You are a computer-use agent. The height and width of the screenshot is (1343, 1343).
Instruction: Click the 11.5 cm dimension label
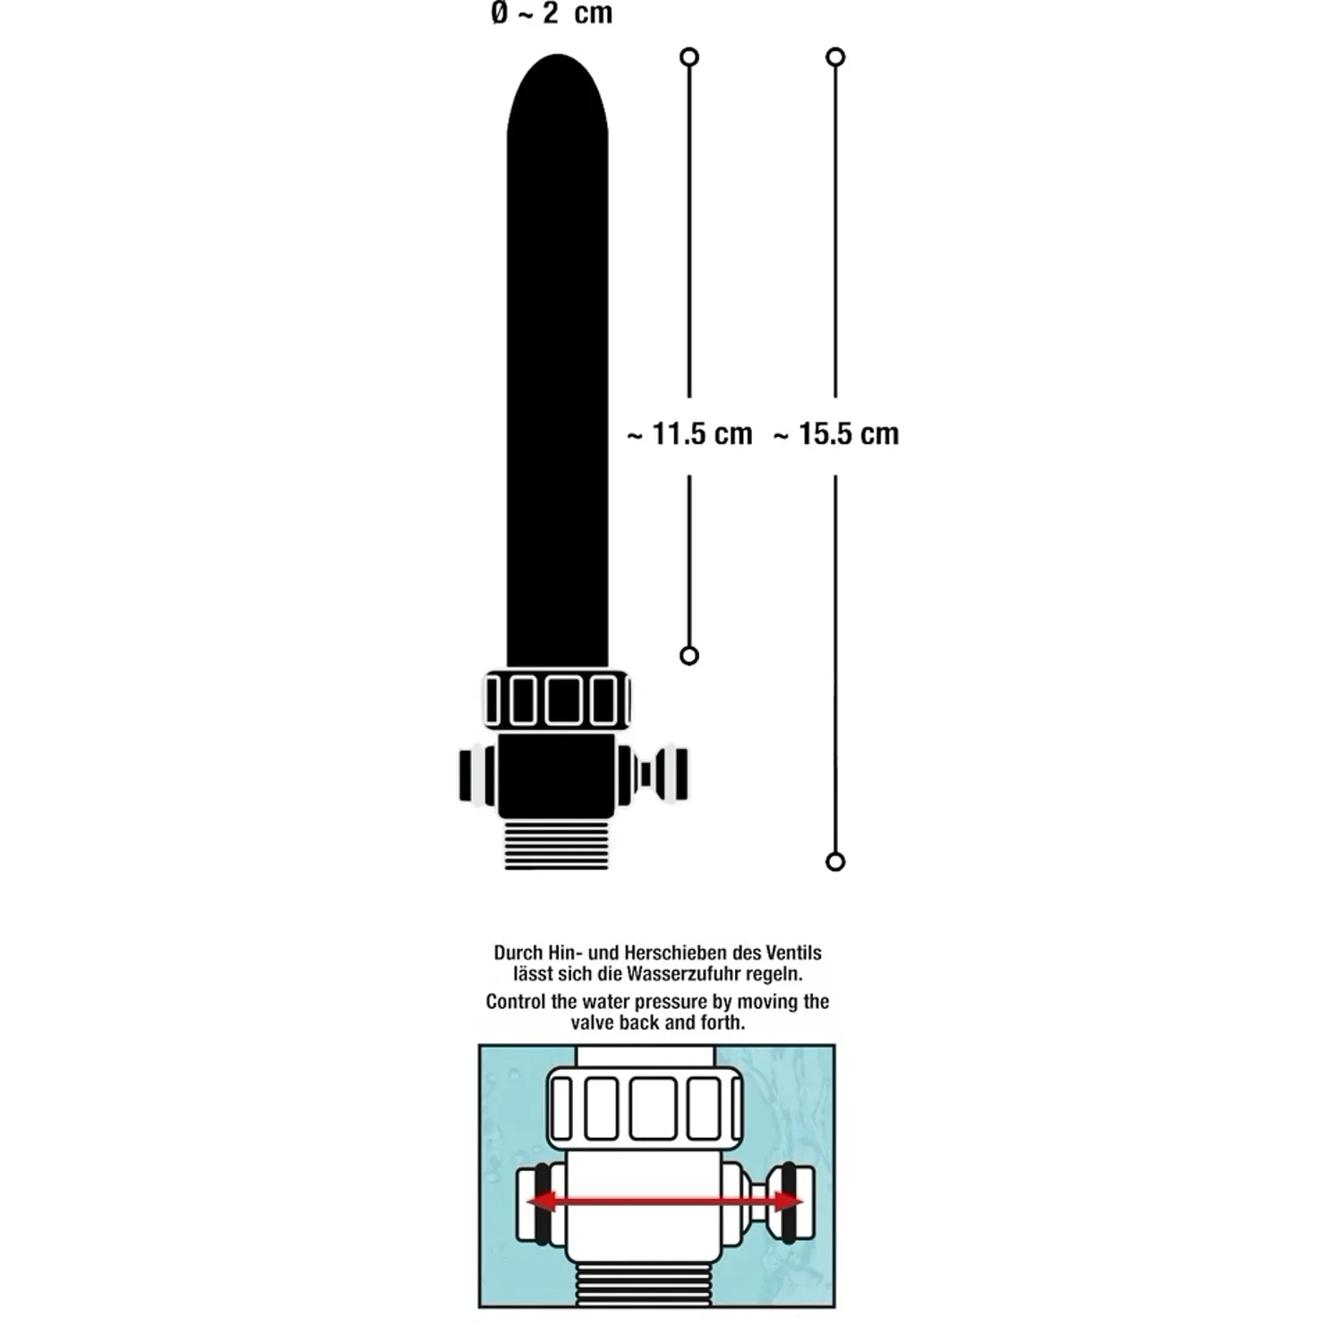coord(689,434)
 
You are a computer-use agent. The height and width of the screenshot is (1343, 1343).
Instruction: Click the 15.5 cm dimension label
coord(836,434)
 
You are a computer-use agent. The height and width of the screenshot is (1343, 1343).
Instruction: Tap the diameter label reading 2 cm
coord(552,13)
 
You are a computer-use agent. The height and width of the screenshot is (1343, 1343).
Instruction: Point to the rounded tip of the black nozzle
coord(557,57)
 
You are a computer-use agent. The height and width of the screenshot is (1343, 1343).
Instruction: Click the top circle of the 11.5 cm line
coord(689,57)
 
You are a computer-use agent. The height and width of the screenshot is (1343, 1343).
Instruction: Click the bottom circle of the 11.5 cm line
coord(689,655)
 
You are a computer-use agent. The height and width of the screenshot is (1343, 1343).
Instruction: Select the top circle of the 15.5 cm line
coord(835,57)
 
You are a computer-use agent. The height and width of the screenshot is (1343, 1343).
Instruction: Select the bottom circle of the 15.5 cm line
coord(835,861)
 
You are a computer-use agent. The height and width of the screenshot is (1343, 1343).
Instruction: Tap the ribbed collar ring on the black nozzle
coord(557,699)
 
